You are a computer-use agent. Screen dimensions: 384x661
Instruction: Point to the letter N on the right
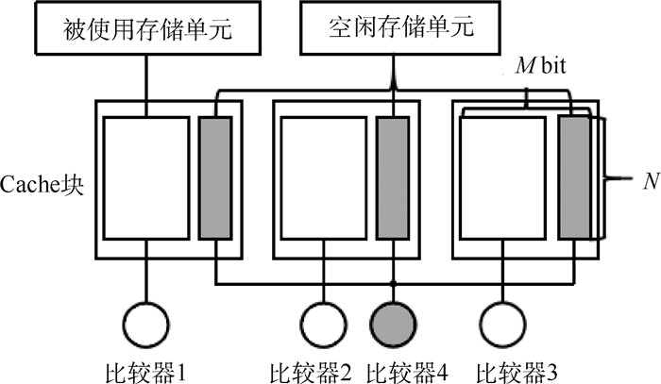click(x=650, y=181)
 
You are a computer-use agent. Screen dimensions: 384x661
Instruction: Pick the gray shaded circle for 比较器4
click(x=392, y=325)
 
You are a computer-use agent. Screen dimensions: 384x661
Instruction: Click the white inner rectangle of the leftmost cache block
click(x=146, y=177)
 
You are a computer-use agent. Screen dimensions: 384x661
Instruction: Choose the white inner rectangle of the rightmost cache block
click(x=501, y=177)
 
